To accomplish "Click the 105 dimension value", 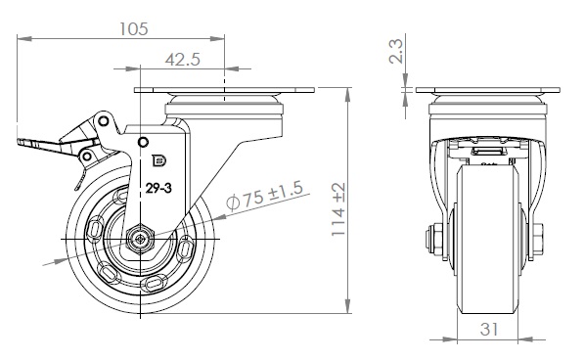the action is point(134,29).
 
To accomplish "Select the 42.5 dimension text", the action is point(183,60).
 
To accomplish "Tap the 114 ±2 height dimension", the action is point(338,208).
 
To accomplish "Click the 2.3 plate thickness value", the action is point(395,52).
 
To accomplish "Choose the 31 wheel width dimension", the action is point(489,329).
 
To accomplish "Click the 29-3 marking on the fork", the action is point(158,189).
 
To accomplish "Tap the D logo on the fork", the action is point(159,160).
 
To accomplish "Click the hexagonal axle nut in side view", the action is point(140,240).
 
